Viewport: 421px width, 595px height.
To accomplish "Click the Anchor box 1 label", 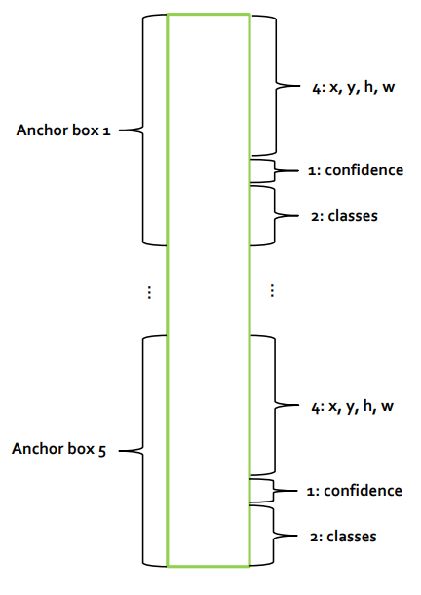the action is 63,130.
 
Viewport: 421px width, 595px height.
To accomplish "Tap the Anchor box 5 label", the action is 59,449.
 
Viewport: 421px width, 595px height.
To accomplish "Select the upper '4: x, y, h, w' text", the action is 354,88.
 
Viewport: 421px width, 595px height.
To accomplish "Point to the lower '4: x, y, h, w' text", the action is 352,406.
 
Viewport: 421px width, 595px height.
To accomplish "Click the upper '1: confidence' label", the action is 356,170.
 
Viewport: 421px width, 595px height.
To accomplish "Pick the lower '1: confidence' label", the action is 355,491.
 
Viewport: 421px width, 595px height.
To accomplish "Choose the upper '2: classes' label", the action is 344,216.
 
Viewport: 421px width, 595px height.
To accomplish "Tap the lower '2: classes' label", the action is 343,537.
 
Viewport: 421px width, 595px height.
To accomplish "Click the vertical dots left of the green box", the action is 149,292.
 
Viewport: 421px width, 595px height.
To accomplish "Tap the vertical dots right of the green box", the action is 272,290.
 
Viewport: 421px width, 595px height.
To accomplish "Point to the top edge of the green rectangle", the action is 209,15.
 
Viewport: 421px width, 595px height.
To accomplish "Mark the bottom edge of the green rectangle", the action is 209,566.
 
